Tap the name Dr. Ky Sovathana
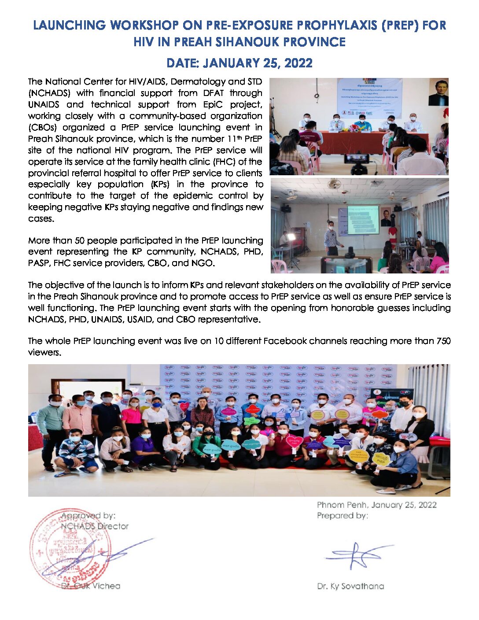350,586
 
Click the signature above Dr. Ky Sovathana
359,556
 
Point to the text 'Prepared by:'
342,516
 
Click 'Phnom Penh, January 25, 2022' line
376,505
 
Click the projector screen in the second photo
363,220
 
